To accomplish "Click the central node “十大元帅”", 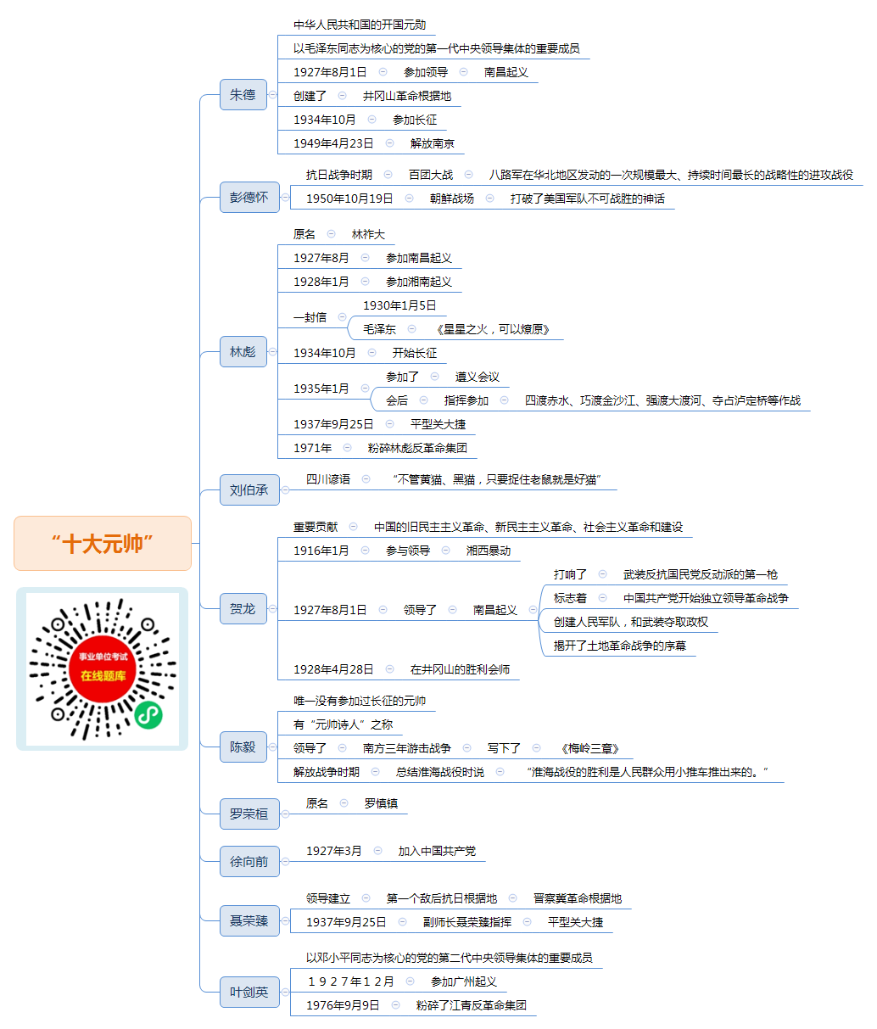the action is coord(103,543).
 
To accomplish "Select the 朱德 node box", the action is coord(243,94).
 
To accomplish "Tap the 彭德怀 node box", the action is coord(249,197).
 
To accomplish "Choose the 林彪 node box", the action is coord(243,351).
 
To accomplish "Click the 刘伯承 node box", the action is coord(249,489).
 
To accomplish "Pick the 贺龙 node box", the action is coord(243,608).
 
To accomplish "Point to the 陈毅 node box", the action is coord(243,747).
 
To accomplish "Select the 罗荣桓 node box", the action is coord(249,814).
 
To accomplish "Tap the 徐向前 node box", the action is coord(249,861).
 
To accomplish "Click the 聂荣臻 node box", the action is coord(249,920).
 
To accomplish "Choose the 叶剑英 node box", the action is coord(249,993).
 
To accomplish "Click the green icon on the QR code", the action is coord(148,715).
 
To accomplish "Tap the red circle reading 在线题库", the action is coord(103,668).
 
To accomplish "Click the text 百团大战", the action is coord(431,175).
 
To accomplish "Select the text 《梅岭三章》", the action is coord(589,748).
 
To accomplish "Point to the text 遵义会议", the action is coord(478,377).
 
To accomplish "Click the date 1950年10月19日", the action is coord(349,199).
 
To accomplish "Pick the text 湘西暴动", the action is coord(489,551).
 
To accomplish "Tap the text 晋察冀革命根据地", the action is coord(578,898).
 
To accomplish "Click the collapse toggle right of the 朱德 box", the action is coord(273,94).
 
